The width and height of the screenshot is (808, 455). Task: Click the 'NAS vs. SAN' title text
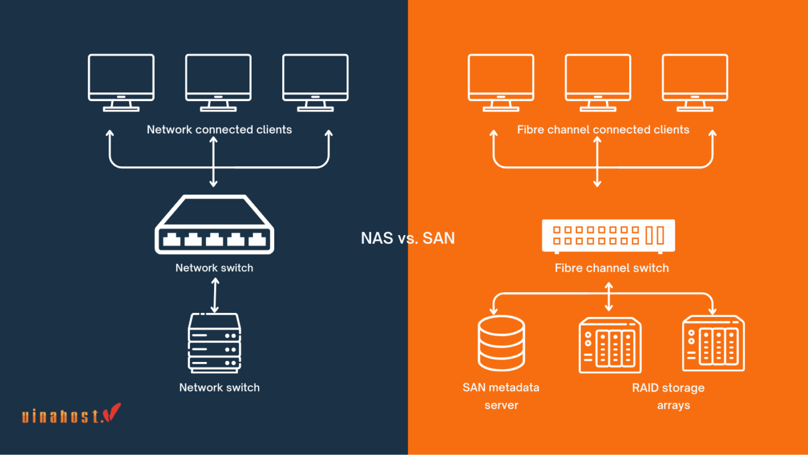coord(407,238)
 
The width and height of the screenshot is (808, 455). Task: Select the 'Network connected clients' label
coord(219,129)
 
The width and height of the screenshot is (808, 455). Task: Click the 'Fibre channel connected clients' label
coord(603,129)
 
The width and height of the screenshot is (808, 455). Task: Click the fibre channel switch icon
coord(608,236)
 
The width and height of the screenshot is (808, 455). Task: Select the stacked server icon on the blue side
coord(214,343)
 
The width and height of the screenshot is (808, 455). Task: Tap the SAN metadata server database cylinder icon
coord(501,344)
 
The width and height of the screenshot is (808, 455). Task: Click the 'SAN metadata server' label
coord(501,396)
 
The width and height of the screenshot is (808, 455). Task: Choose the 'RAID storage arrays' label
coord(668,396)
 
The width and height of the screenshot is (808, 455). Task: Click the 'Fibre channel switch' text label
coord(612,268)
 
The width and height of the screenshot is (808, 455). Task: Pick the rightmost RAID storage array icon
coord(713,344)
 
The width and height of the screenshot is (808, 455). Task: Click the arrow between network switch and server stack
coord(215,295)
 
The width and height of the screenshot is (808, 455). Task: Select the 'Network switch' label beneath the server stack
coord(219,387)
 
